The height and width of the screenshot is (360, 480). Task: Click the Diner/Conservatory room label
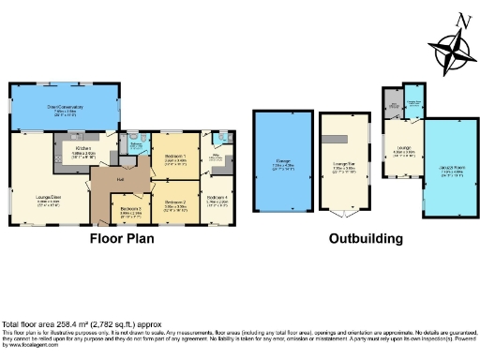[65, 108]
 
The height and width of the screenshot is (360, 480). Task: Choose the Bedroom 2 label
[176, 202]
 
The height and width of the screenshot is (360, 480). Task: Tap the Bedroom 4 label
[217, 197]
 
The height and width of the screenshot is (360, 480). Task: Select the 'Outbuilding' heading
[366, 238]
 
